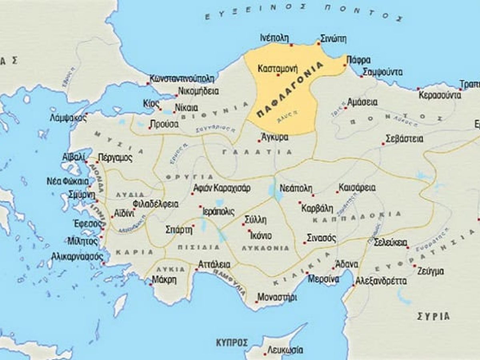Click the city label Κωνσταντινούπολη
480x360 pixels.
pyautogui.click(x=182, y=78)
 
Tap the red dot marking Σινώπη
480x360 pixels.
pyautogui.click(x=318, y=42)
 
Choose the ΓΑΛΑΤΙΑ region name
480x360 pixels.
pyautogui.click(x=256, y=152)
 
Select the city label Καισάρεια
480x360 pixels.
pyautogui.click(x=357, y=187)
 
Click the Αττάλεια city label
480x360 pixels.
pyautogui.click(x=214, y=264)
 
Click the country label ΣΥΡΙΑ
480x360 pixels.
pyautogui.click(x=433, y=316)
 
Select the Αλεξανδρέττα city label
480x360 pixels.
pyautogui.click(x=381, y=281)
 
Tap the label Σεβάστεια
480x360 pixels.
pyautogui.click(x=404, y=139)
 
